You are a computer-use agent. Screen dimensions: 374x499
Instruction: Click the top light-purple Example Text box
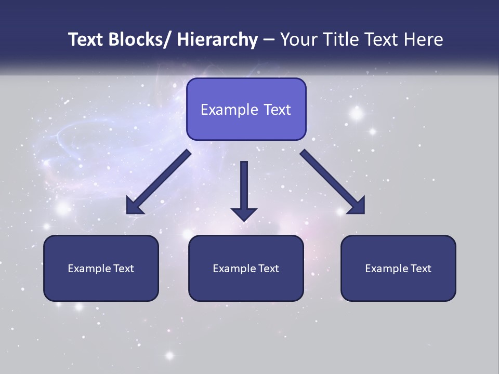pos(246,109)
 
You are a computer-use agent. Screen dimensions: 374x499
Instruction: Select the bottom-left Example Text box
pos(101,269)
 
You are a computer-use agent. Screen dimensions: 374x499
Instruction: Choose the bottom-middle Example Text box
pos(246,269)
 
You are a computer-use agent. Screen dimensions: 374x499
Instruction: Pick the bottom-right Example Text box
pos(398,269)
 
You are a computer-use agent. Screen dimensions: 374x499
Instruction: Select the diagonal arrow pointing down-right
pos(330,179)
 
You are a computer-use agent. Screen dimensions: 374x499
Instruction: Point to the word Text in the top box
pos(277,110)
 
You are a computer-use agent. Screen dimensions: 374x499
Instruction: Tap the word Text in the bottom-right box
pos(421,269)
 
